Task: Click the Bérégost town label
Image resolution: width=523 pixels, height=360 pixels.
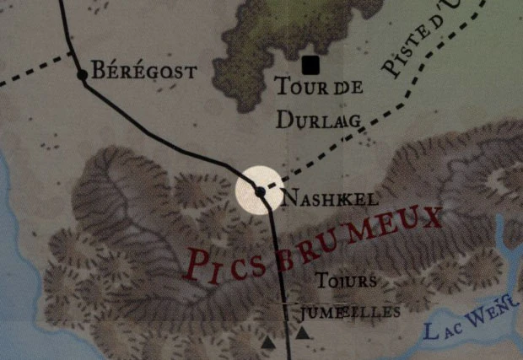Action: coord(143,71)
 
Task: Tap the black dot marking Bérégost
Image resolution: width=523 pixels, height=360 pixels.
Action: coord(82,75)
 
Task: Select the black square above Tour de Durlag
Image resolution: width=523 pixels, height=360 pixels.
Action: coord(311,64)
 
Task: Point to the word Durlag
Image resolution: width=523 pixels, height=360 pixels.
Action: coord(319,120)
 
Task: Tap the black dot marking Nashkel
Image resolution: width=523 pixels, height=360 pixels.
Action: coord(261,192)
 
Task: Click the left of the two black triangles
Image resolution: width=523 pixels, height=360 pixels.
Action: coord(268,343)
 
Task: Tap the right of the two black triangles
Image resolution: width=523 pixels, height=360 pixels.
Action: coord(301,335)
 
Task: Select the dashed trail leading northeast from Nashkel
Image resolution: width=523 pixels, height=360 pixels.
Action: coord(337,143)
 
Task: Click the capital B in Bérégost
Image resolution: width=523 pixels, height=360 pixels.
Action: coord(98,71)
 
